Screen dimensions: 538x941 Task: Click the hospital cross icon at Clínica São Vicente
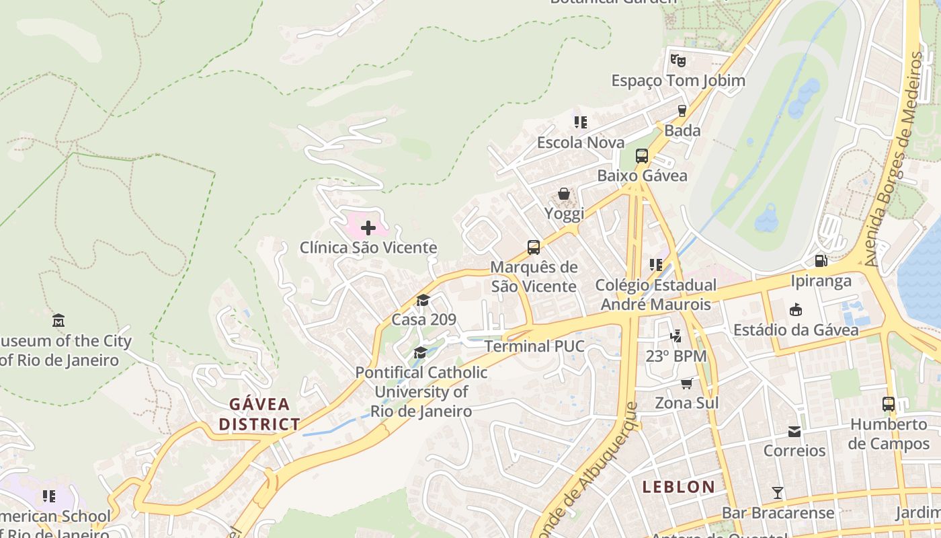368,228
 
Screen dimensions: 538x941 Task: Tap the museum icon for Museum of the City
58,320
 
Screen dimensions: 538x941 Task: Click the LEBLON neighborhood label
678,487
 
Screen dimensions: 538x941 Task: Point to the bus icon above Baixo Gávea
642,156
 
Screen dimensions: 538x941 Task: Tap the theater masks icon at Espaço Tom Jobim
678,61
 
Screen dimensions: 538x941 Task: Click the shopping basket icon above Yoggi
564,194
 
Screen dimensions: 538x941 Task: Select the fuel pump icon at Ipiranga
821,261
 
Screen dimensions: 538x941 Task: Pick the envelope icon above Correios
794,430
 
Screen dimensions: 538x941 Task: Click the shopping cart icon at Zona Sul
686,383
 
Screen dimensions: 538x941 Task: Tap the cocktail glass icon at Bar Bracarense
778,492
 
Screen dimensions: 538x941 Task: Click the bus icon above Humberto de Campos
889,404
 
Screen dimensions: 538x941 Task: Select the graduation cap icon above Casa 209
423,300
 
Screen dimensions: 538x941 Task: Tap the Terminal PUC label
534,346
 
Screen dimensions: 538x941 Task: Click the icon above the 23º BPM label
676,336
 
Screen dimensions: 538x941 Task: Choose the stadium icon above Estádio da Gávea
796,309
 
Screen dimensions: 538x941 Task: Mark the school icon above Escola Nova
581,122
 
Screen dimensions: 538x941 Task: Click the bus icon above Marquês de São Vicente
534,247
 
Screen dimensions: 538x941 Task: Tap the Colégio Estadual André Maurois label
655,295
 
